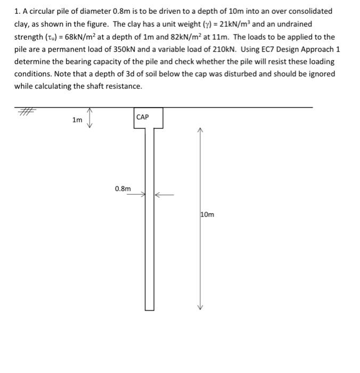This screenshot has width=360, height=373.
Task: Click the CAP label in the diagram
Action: coord(143,117)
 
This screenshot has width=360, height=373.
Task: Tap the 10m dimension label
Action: coord(208,214)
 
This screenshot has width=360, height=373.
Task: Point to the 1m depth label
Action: coord(77,120)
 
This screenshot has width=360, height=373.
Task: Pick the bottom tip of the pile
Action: coord(149,309)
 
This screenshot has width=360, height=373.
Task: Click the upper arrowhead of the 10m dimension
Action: coord(200,129)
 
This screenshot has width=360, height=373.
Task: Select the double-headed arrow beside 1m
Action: coord(89,118)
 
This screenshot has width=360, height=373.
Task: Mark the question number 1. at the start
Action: coord(17,11)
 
